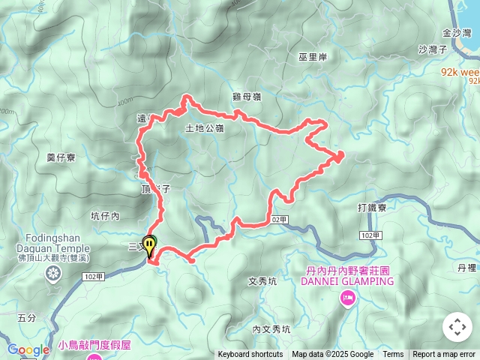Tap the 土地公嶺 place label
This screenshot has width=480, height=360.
pyautogui.click(x=204, y=128)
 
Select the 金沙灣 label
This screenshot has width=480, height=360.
pyautogui.click(x=457, y=33)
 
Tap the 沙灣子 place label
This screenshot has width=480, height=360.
pyautogui.click(x=433, y=49)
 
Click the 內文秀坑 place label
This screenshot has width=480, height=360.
pyautogui.click(x=271, y=328)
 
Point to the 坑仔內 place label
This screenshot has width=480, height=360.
pyautogui.click(x=105, y=216)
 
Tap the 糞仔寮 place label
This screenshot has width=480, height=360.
pyautogui.click(x=61, y=157)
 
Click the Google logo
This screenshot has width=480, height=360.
pyautogui.click(x=28, y=349)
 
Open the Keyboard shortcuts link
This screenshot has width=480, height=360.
pyautogui.click(x=250, y=355)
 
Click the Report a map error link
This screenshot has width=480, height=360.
pyautogui.click(x=444, y=355)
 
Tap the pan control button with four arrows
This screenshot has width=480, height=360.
pyautogui.click(x=457, y=327)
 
